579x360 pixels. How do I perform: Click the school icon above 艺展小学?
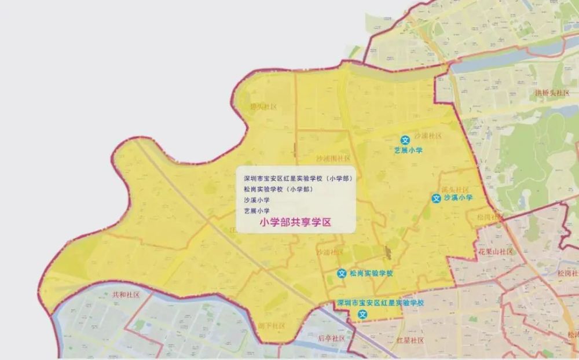[x=405, y=140]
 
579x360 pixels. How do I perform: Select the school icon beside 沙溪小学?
[x=436, y=199]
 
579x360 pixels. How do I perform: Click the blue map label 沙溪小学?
[x=459, y=198]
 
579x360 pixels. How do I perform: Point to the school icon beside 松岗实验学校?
[x=342, y=273]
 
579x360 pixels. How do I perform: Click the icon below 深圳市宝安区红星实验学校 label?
[x=362, y=314]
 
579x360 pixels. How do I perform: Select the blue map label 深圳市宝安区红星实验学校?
[x=380, y=303]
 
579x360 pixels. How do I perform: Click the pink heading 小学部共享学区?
[x=295, y=222]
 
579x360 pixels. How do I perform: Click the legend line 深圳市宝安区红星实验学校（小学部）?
[x=298, y=178]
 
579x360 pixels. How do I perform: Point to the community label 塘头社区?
[x=263, y=107]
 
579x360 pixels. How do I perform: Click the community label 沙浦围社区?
[x=333, y=158]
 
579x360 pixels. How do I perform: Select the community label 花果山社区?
[x=496, y=252]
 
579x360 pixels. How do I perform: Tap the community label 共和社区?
[x=126, y=295]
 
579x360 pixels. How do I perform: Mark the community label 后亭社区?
[x=331, y=338]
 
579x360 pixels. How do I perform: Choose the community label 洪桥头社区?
[x=552, y=93]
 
